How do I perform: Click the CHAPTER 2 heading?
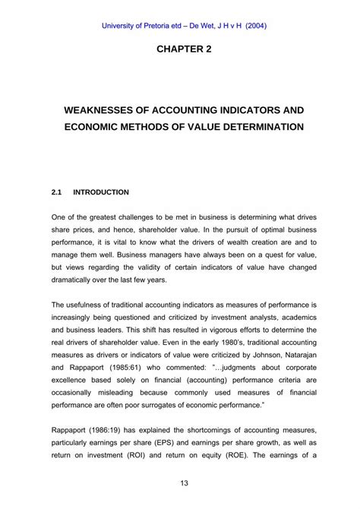180,49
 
